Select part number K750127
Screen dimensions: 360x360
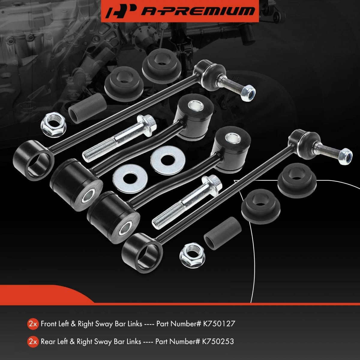pyautogui.click(x=219, y=323)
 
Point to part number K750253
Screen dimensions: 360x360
pyautogui.click(x=218, y=341)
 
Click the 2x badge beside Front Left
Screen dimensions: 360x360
pyautogui.click(x=33, y=324)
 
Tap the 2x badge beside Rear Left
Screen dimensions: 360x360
pyautogui.click(x=33, y=342)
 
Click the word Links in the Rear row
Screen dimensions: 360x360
pyautogui.click(x=132, y=341)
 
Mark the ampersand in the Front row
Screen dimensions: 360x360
pyautogui.click(x=73, y=323)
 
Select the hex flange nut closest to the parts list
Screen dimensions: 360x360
pyautogui.click(x=192, y=255)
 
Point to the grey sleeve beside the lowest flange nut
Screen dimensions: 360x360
pyautogui.click(x=222, y=233)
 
